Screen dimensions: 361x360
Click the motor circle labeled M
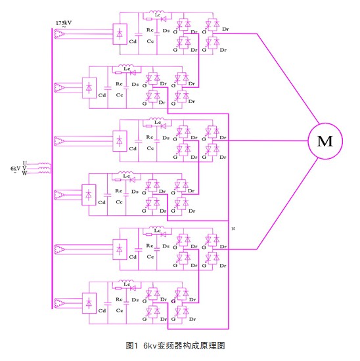[x=324, y=140]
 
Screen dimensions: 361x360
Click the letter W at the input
[x=24, y=174]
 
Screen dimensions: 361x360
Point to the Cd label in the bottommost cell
[x=101, y=312]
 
